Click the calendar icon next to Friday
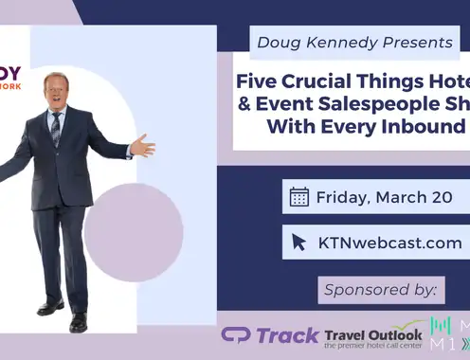point(299,197)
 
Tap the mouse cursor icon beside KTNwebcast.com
point(299,242)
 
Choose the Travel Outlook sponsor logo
point(372,336)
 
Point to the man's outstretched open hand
point(142,147)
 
